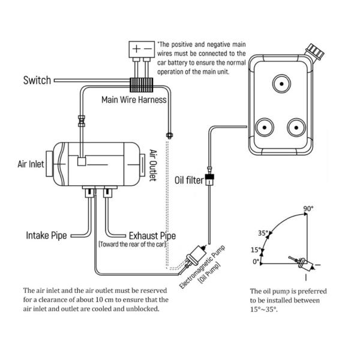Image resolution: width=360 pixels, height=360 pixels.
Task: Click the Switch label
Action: tap(37, 80)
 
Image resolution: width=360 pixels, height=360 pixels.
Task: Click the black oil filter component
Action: tap(209, 178)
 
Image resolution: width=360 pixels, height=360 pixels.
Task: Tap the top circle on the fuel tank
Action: tap(281, 83)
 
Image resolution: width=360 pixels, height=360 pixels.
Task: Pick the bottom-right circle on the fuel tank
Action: tap(296, 127)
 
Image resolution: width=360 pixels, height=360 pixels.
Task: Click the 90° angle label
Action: tap(308, 209)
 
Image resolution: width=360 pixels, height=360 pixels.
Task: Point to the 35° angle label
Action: tap(262, 234)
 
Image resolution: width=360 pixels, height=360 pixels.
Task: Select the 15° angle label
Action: tap(255, 250)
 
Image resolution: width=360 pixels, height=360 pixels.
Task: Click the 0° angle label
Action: tap(256, 262)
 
